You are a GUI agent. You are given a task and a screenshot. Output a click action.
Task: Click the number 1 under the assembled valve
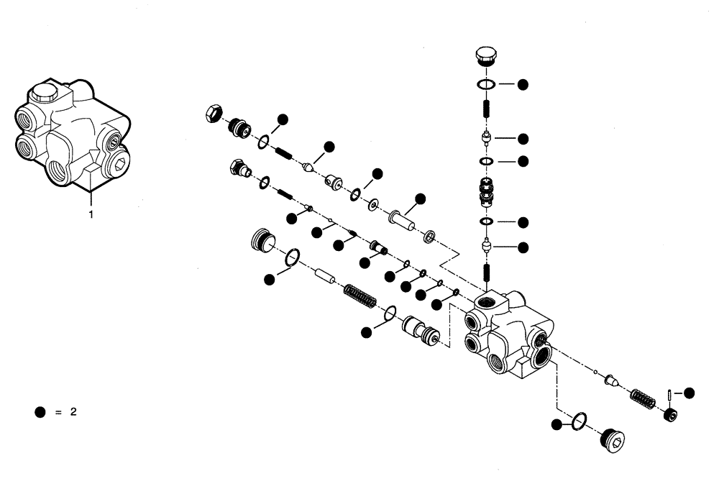point(91,214)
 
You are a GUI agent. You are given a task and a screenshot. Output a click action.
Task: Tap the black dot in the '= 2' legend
point(40,412)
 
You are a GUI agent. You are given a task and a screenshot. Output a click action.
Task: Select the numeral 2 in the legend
point(73,412)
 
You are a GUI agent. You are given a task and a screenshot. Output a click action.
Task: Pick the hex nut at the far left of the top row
point(213,113)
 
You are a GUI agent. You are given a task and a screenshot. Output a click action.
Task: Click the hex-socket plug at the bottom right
point(613,439)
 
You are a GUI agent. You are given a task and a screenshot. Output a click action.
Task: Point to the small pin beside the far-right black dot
point(669,394)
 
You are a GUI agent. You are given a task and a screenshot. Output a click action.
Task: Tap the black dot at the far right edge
point(689,393)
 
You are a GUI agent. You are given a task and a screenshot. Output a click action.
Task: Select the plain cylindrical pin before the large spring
point(326,276)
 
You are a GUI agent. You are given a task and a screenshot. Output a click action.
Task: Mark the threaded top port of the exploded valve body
point(495,298)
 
